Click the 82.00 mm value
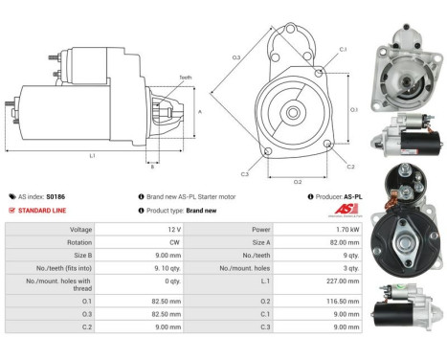pos(334,242)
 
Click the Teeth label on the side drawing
pos(159,77)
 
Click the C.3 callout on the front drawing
pos(245,174)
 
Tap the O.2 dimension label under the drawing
pos(296,180)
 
